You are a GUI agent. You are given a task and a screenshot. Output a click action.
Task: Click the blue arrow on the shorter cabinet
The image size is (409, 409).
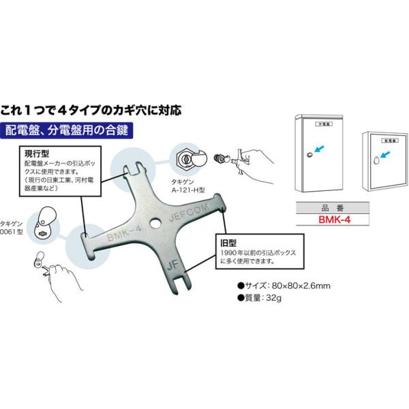point(386,157)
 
